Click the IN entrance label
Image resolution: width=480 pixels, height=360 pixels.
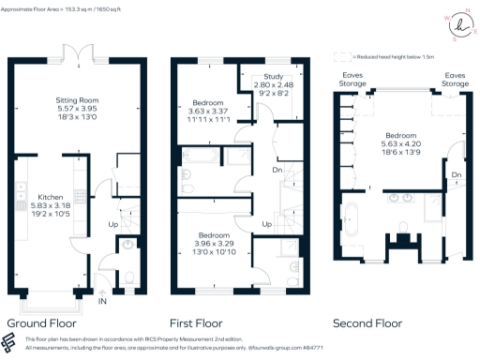click(x=102, y=303)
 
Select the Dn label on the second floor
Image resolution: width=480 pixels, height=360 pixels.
click(x=457, y=175)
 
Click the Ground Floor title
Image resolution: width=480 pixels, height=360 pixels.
click(x=40, y=323)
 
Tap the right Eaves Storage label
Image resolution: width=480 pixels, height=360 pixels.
click(x=457, y=79)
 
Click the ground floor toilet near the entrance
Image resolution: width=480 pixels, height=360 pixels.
click(x=127, y=246)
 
